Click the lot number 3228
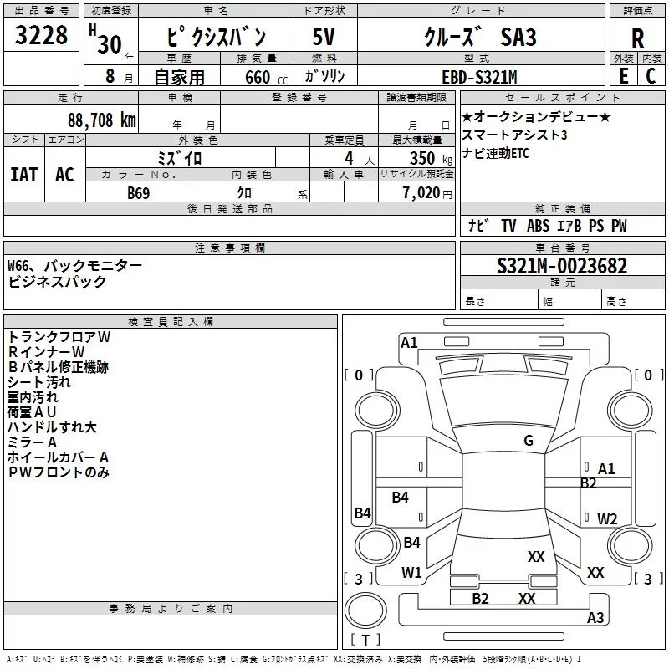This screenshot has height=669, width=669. (x=42, y=38)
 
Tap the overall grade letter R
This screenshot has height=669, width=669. (x=637, y=38)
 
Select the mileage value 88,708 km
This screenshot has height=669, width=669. (x=97, y=120)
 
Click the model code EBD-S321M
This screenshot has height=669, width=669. (x=479, y=77)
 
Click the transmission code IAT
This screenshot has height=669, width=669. (x=24, y=175)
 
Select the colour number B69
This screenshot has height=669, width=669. (x=140, y=192)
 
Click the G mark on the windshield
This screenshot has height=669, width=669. (x=529, y=441)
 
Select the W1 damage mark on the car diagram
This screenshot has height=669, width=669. (x=411, y=573)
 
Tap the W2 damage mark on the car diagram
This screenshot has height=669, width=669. (x=607, y=518)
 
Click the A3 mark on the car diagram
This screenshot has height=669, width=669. (x=595, y=618)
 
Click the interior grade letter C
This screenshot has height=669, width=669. (x=651, y=75)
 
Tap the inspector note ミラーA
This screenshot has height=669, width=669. (x=32, y=442)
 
